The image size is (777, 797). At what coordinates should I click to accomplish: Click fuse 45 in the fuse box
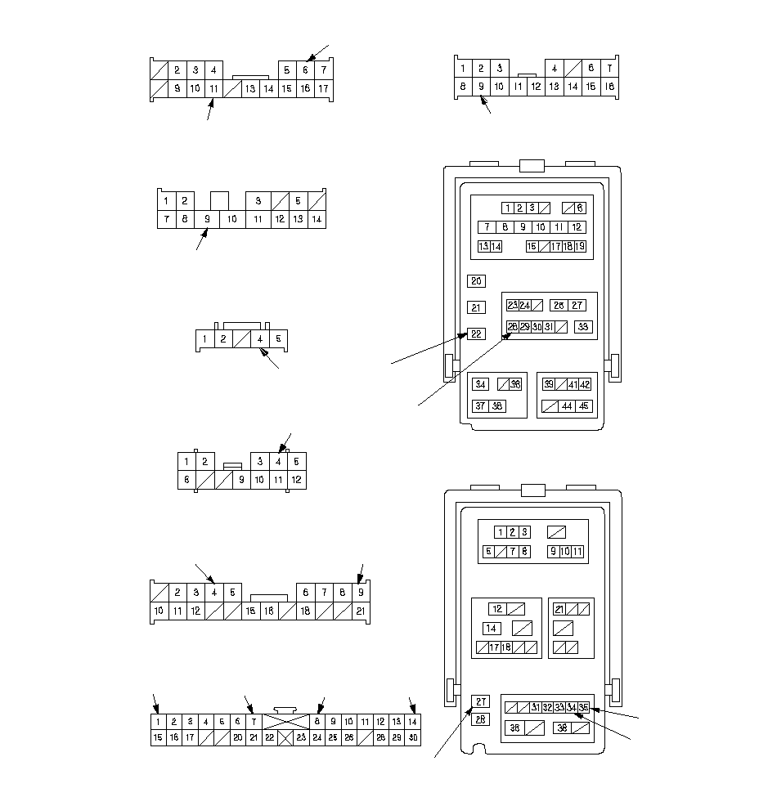click(x=583, y=406)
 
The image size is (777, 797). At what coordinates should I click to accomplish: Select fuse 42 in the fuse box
click(x=585, y=384)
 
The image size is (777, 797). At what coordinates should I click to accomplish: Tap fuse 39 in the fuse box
click(x=549, y=384)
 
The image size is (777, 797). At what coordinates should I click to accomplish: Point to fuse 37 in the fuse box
click(x=480, y=406)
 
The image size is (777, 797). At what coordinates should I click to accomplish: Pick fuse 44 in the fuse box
click(x=567, y=406)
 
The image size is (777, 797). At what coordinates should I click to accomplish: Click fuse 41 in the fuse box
click(x=573, y=384)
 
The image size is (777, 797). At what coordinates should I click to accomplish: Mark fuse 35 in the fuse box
click(x=583, y=707)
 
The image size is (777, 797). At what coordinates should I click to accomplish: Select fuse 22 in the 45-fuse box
click(x=476, y=334)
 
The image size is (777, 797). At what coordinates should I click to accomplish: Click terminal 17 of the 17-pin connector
click(x=323, y=88)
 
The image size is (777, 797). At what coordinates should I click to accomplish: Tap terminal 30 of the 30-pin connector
click(x=413, y=737)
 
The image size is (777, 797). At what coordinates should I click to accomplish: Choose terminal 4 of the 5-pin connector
click(x=260, y=338)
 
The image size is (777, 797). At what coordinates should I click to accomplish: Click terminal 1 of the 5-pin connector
click(x=204, y=338)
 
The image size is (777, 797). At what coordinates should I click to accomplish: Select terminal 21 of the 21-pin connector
click(x=360, y=611)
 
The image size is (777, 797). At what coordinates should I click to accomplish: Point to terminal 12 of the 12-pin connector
click(x=296, y=480)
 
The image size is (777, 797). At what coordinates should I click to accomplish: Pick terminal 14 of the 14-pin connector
click(x=317, y=219)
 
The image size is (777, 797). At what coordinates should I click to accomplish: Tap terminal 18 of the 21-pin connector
click(x=305, y=611)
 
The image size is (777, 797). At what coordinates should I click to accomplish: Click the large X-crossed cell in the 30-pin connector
click(x=285, y=722)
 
